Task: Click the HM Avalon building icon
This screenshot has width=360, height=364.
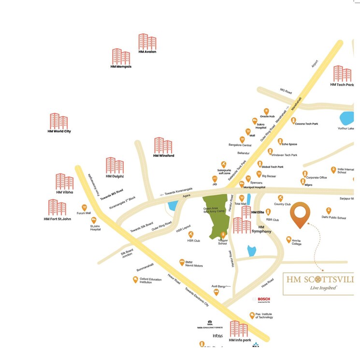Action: (147, 42)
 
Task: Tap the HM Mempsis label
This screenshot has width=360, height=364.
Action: (121, 67)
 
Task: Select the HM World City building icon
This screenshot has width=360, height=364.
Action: (59, 121)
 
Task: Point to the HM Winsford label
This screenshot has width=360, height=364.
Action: (163, 155)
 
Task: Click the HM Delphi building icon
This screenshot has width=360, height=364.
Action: (115, 166)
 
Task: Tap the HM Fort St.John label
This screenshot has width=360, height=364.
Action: (57, 219)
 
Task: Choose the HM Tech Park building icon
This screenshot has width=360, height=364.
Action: (342, 74)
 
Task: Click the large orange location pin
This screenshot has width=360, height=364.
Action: (300, 214)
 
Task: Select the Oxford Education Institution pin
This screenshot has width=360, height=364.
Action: (136, 280)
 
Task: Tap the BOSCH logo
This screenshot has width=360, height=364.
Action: (261, 299)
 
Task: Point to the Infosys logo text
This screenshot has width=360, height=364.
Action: (218, 336)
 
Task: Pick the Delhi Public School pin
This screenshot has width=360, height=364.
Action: (329, 210)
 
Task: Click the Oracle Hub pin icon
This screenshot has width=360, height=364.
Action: (265, 111)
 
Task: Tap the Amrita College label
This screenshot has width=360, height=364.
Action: (296, 244)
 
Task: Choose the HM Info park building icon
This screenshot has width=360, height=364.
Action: (239, 329)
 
